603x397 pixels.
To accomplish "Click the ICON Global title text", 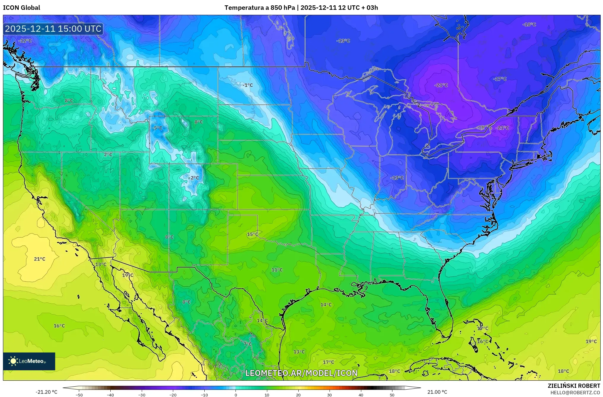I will pos(21,8).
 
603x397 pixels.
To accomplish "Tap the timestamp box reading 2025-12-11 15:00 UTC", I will pos(53,29).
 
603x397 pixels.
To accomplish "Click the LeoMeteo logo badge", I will pos(29,361).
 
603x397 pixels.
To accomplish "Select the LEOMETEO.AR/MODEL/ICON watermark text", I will pos(301,373).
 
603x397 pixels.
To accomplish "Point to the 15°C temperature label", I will pos(252,234).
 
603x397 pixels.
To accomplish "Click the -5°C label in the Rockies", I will pos(157,128).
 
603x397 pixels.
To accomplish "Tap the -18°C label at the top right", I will pos(529,25).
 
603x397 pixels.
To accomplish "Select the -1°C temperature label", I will pos(248,85).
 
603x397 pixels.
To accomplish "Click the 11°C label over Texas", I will pos(277,270).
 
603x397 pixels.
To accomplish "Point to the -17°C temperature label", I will pos(500,79).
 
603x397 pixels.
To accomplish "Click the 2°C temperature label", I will pos(108,155).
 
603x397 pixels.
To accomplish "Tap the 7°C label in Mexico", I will pos(248,344).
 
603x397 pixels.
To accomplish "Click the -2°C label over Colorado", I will pos(194,178).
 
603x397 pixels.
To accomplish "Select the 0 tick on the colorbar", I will pos(236,395).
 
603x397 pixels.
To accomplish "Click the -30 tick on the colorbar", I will pos(142,395).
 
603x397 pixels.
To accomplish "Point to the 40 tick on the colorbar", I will pos(361,395).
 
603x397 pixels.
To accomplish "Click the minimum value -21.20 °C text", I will pos(47,392).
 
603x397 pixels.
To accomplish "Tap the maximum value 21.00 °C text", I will pos(437,392).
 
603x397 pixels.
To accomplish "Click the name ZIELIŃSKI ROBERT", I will pos(574,386).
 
